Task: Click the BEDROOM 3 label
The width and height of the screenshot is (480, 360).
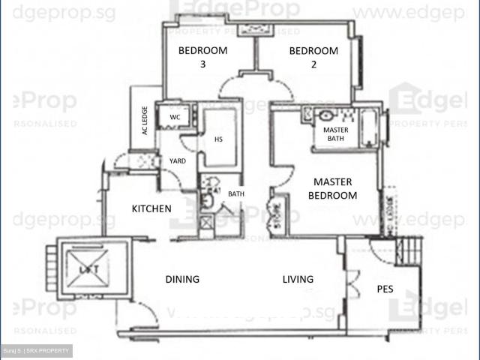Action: click(x=202, y=58)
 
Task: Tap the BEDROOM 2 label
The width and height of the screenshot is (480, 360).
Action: click(x=313, y=58)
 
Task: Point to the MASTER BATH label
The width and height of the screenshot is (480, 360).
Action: click(x=334, y=133)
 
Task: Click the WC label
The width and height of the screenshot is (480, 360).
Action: click(x=175, y=117)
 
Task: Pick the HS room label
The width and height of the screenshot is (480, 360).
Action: click(x=219, y=139)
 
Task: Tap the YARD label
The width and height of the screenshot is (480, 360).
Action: click(x=178, y=160)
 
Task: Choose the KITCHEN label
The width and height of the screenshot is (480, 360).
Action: click(x=152, y=208)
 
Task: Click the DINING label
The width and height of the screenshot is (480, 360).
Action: click(x=182, y=280)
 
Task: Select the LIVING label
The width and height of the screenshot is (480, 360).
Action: click(x=298, y=280)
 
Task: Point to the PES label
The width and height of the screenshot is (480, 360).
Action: click(x=385, y=289)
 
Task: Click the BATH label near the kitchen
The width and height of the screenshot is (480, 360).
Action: click(x=236, y=194)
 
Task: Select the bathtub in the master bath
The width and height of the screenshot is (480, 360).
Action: click(x=370, y=129)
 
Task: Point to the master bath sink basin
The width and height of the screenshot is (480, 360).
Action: click(x=326, y=115)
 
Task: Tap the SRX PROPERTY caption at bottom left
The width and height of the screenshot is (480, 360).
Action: click(x=36, y=351)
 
